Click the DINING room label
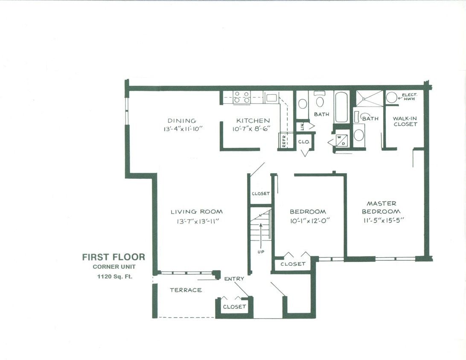[x=182, y=121]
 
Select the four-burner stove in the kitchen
[x=242, y=98]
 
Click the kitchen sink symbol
[x=271, y=98]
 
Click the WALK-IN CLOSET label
[x=405, y=121]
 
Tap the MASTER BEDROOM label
[x=381, y=207]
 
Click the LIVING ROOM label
[x=197, y=212]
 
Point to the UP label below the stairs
[x=261, y=252]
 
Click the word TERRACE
[x=186, y=290]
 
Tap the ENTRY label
[x=234, y=279]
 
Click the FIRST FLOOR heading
[x=114, y=257]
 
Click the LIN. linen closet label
[x=302, y=126]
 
